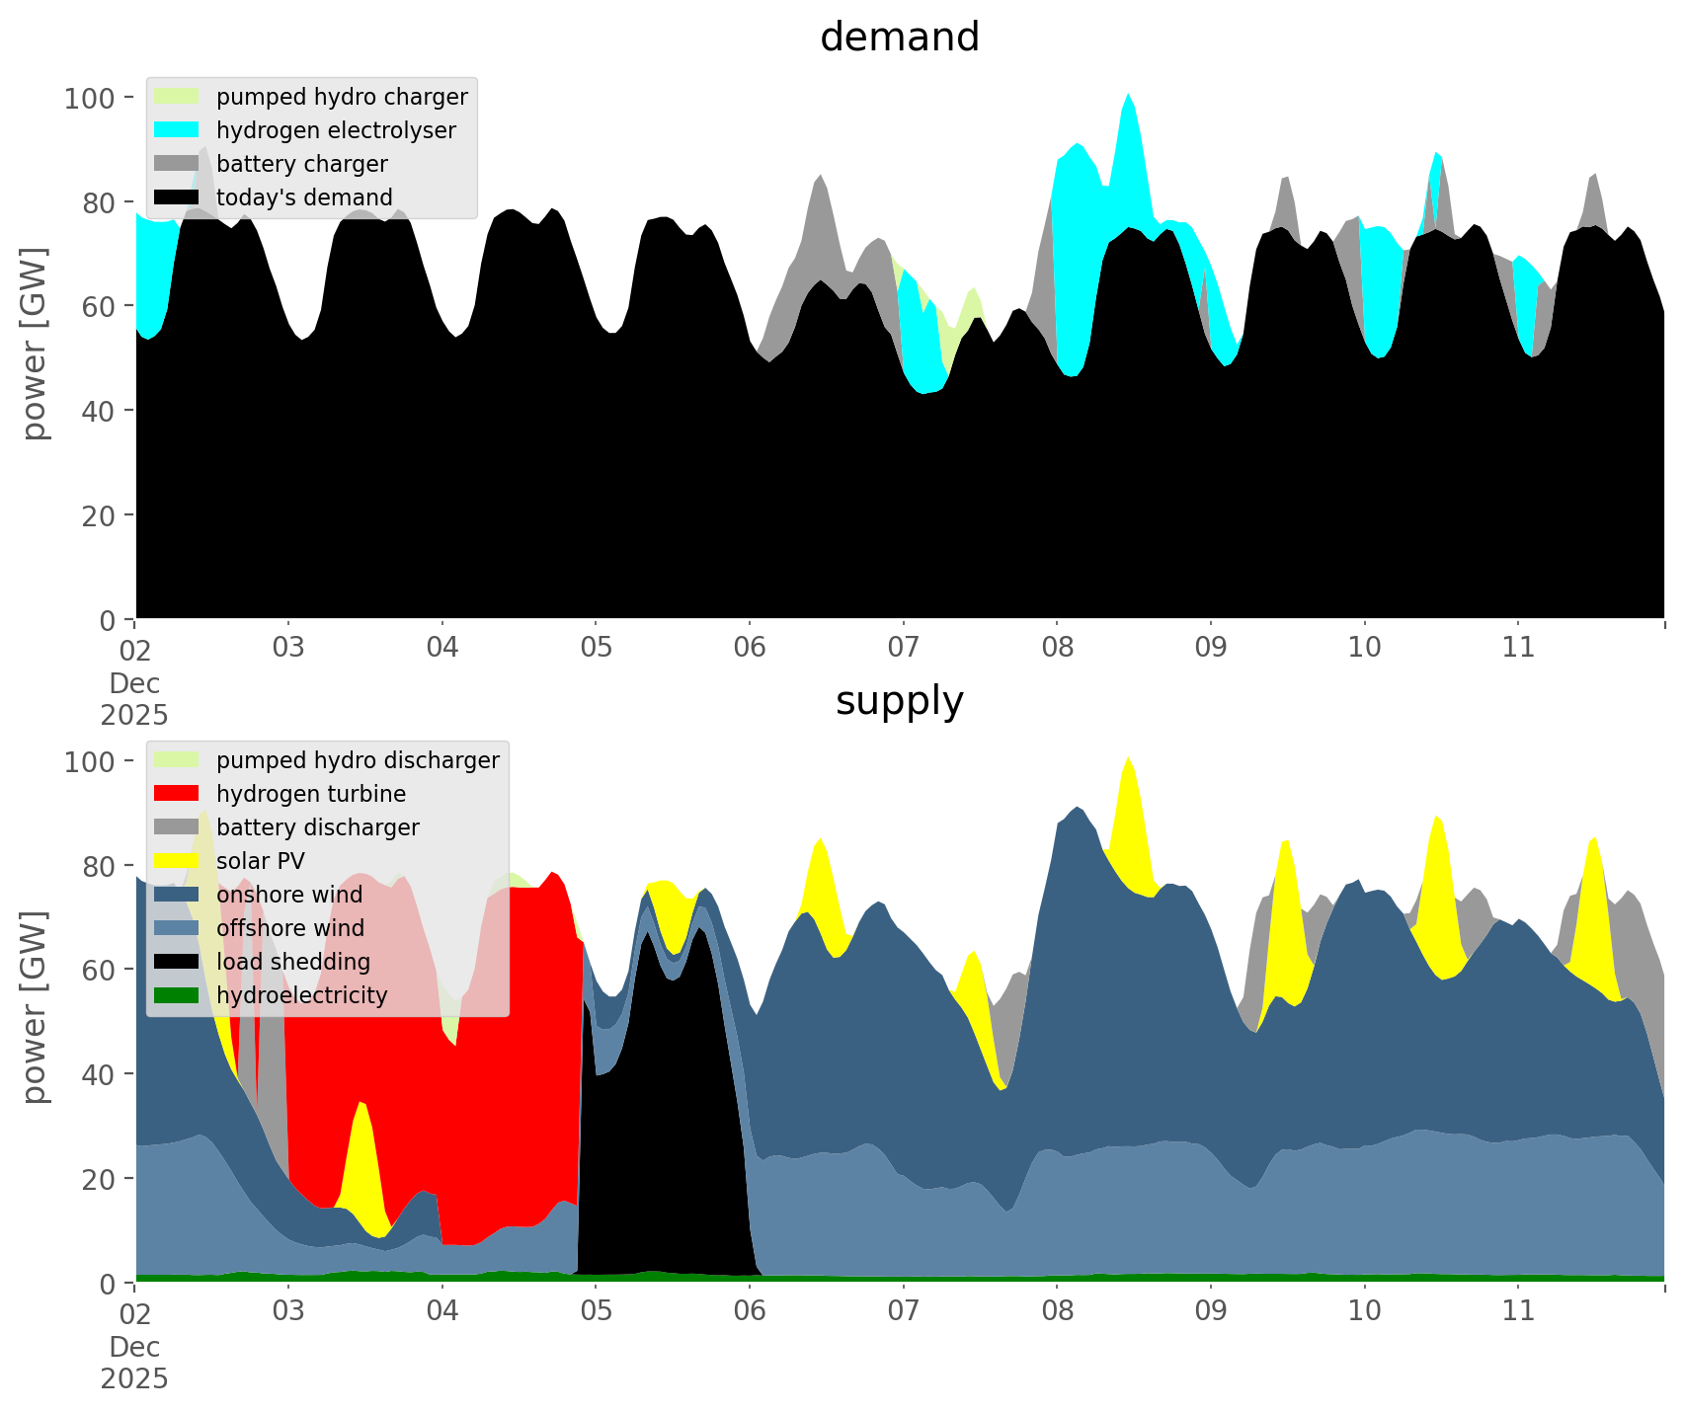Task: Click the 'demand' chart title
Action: pyautogui.click(x=899, y=38)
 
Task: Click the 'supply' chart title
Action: pyautogui.click(x=899, y=701)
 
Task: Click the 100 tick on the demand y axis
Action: pyautogui.click(x=90, y=98)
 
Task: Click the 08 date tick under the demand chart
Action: pyautogui.click(x=1057, y=648)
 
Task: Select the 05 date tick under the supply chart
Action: pyautogui.click(x=596, y=1311)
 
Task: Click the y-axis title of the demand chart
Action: pyautogui.click(x=35, y=344)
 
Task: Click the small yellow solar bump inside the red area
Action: pyautogui.click(x=362, y=1155)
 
